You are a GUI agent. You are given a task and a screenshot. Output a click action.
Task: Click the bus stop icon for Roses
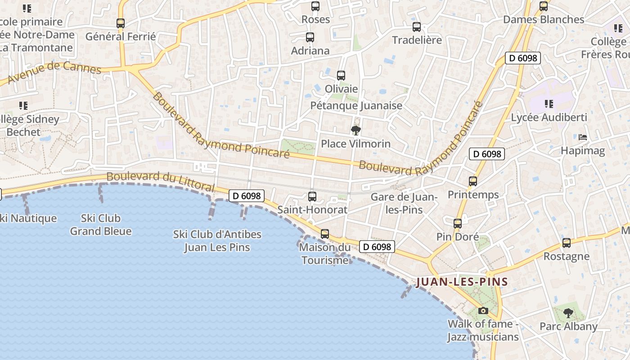[315, 7]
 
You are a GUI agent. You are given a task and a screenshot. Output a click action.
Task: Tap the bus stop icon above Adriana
[310, 37]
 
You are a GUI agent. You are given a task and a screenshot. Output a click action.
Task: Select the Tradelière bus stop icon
[417, 27]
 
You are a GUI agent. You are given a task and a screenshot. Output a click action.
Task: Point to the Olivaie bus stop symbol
[341, 76]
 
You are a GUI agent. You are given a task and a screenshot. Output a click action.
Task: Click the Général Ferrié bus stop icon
[121, 23]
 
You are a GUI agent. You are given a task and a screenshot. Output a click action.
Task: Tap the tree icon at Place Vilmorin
[356, 130]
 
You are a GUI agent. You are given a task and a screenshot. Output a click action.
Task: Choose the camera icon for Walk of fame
[483, 310]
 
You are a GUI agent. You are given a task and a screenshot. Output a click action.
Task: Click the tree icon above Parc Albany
[568, 313]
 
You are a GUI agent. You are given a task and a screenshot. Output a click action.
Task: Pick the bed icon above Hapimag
[583, 137]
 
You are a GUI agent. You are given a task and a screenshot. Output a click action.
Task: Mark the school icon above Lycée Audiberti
[549, 104]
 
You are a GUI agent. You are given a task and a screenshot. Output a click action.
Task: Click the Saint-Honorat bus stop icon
[312, 197]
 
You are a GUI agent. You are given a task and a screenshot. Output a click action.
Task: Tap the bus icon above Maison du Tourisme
[325, 234]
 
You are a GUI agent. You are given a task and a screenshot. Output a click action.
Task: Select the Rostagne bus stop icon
[567, 243]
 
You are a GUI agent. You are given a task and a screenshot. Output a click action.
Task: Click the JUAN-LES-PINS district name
[462, 282]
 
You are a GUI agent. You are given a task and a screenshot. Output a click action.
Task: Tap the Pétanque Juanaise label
[356, 106]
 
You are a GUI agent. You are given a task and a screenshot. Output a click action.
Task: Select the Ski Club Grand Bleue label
[101, 225]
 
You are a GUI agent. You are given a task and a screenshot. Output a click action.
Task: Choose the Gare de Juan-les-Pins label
[404, 203]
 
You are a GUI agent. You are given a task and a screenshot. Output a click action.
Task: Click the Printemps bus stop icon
[473, 181]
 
